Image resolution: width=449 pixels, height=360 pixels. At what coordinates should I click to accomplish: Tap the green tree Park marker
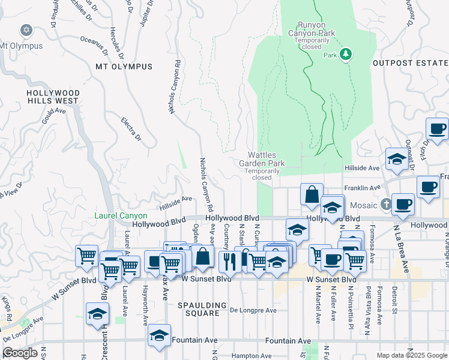[x=345, y=55]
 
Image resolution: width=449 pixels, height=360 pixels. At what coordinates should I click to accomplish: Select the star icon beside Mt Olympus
[x=25, y=29]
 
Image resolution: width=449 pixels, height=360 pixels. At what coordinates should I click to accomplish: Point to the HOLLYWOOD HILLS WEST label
[x=53, y=97]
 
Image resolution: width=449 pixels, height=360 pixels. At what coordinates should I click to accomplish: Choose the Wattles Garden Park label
[x=262, y=159]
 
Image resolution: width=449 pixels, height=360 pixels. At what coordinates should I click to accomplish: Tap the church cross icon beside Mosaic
[x=385, y=205]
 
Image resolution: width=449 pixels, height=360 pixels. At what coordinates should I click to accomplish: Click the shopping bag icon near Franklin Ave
[x=312, y=194]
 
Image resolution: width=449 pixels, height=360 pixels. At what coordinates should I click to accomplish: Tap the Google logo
[x=20, y=353]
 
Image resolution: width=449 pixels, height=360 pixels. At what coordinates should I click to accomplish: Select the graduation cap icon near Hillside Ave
[x=396, y=158]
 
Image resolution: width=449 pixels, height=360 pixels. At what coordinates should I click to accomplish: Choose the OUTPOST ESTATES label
[x=410, y=62]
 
